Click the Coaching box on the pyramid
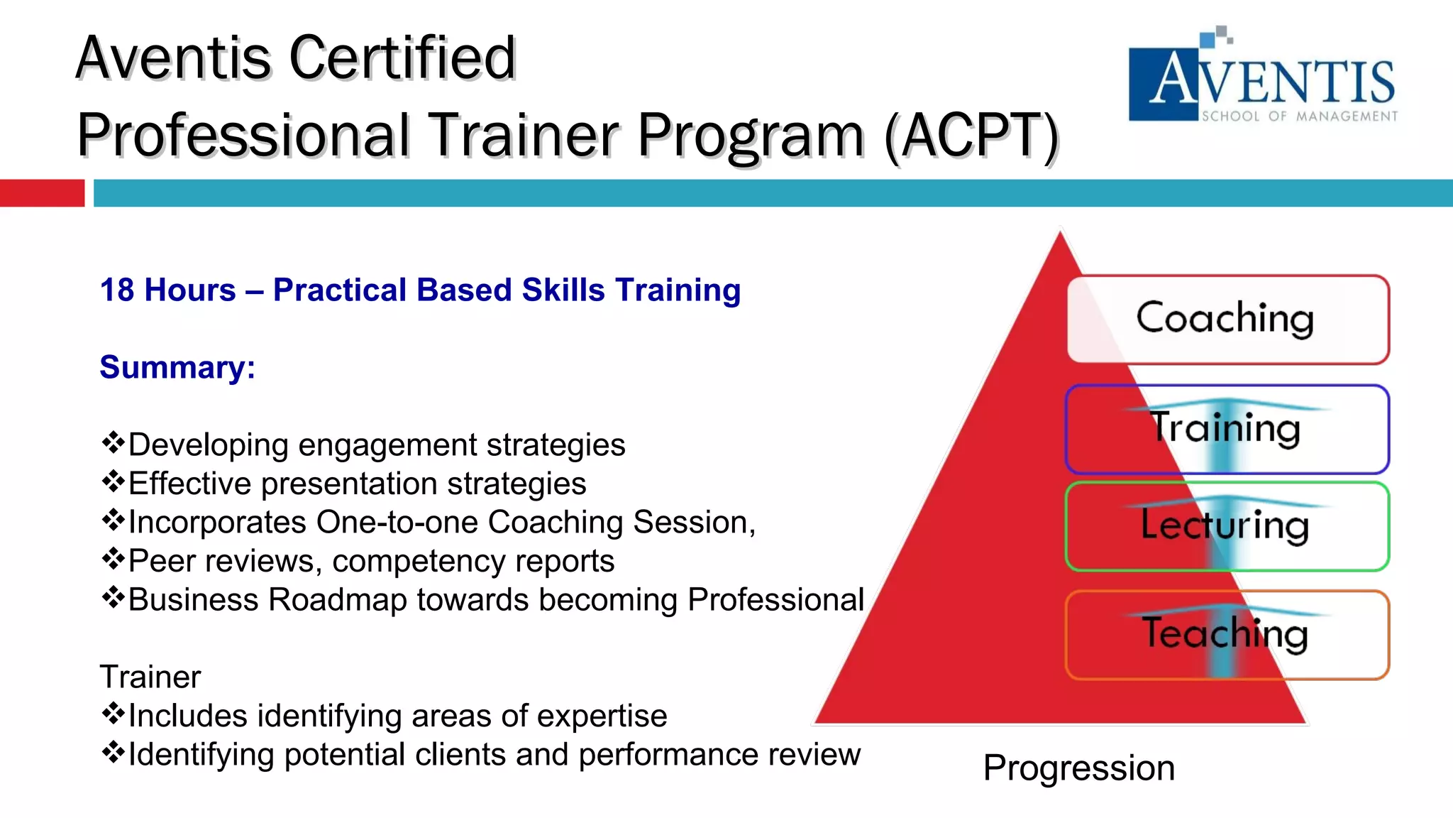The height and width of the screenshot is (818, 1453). pos(1227,319)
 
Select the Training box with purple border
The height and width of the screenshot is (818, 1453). pos(1227,429)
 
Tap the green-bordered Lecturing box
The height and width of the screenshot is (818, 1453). pos(1227,526)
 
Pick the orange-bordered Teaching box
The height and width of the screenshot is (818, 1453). pos(1227,634)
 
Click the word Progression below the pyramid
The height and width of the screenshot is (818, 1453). pos(1078,768)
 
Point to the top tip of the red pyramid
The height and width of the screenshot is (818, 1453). pos(1060,234)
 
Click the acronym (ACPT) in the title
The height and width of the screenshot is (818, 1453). pos(971,135)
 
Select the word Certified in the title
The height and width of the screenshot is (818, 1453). pos(402,58)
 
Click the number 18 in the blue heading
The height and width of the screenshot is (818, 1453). pos(117,290)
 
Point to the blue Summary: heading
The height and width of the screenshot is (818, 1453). pos(177,368)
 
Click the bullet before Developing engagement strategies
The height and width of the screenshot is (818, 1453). pos(112,444)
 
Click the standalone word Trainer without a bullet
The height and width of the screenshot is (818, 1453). pos(150,677)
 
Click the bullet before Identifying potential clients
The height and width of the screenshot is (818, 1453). pos(112,753)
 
